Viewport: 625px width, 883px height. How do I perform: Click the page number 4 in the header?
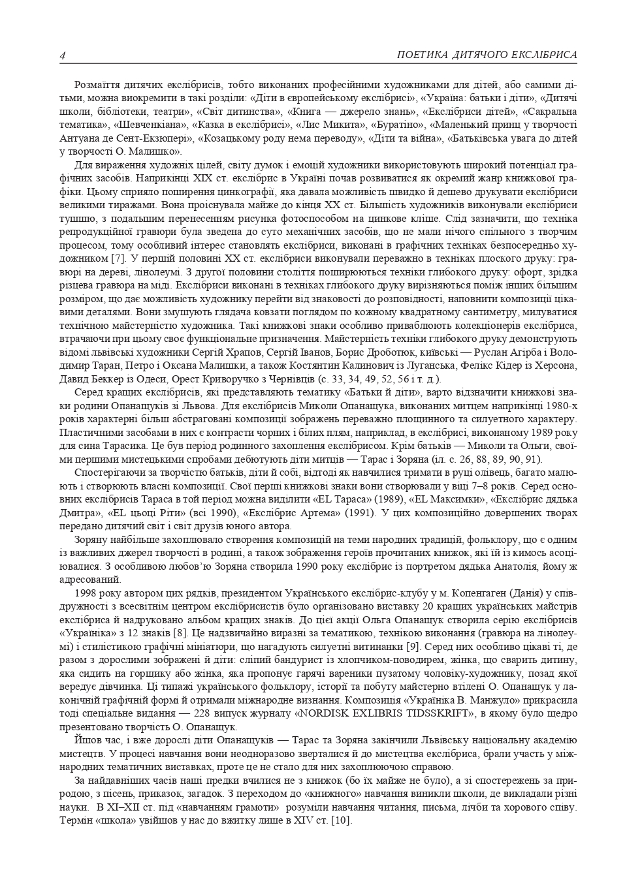(63, 55)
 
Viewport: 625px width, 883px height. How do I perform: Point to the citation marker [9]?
(413, 646)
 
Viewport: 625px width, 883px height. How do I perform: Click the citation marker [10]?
(342, 820)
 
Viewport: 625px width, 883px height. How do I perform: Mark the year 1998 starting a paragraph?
(87, 593)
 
